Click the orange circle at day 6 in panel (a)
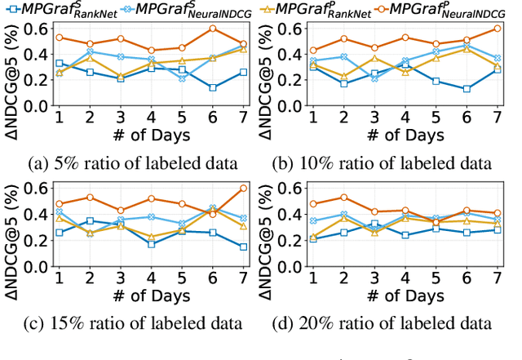[212, 29]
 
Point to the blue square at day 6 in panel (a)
[212, 87]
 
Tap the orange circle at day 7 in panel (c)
[243, 189]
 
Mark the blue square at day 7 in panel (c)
[243, 247]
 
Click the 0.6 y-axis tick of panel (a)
[35, 29]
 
